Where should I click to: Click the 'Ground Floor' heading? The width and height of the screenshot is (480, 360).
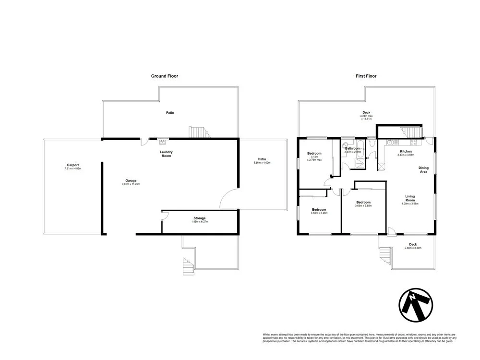pyautogui.click(x=165, y=76)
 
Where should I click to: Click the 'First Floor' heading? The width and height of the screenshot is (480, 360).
pyautogui.click(x=366, y=76)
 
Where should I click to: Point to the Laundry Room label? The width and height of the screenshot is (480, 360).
pyautogui.click(x=166, y=154)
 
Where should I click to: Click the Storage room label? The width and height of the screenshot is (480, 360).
pyautogui.click(x=199, y=218)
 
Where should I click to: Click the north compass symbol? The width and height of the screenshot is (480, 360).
pyautogui.click(x=416, y=305)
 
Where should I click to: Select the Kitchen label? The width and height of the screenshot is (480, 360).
pyautogui.click(x=406, y=151)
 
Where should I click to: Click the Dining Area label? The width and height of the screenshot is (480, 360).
pyautogui.click(x=423, y=169)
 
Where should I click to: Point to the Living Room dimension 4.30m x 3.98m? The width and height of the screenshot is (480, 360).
pyautogui.click(x=410, y=204)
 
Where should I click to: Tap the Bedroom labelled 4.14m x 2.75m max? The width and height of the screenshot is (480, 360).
pyautogui.click(x=314, y=156)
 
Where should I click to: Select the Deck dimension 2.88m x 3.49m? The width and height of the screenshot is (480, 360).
pyautogui.click(x=413, y=248)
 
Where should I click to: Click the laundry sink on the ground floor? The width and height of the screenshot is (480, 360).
pyautogui.click(x=163, y=141)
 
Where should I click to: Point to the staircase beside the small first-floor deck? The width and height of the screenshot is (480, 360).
pyautogui.click(x=385, y=254)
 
